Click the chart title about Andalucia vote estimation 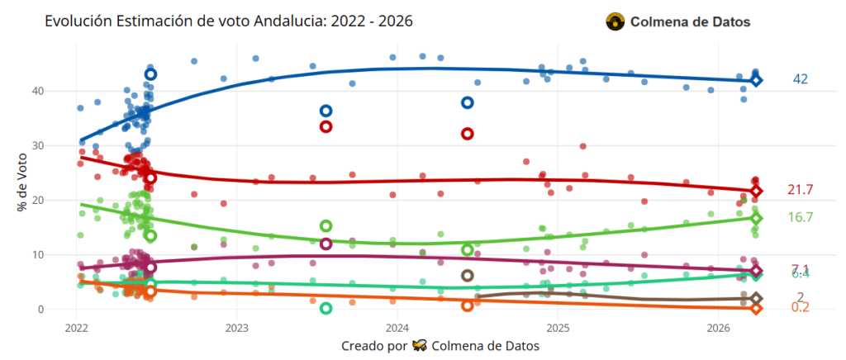click(x=229, y=20)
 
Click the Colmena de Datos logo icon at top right click(x=615, y=22)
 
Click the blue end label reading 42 click(x=800, y=79)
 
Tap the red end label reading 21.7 click(x=800, y=190)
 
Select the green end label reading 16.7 click(x=800, y=217)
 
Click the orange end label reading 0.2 click(x=800, y=307)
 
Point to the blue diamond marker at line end click(x=756, y=80)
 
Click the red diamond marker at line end click(x=756, y=191)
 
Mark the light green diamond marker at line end click(x=756, y=218)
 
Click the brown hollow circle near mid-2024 click(x=467, y=276)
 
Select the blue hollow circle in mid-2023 click(x=326, y=111)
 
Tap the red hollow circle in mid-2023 click(x=326, y=126)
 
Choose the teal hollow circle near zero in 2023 click(x=326, y=308)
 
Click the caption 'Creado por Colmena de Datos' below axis click(x=440, y=346)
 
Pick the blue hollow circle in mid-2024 click(x=467, y=102)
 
